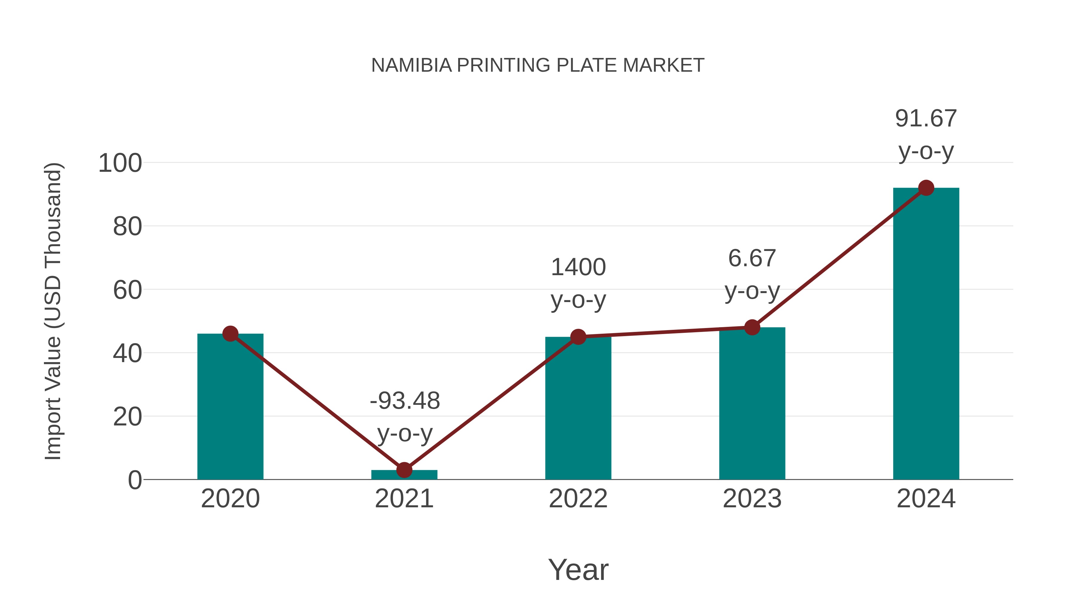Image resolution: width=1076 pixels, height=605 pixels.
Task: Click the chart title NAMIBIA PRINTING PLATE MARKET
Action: tap(538, 65)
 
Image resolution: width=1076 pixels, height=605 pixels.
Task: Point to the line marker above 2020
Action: tap(230, 334)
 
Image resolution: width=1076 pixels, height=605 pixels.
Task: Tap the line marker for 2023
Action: tap(752, 327)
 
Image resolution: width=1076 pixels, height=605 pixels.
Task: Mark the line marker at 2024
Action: tap(926, 188)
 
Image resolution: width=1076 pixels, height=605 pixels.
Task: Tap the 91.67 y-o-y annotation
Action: tap(926, 134)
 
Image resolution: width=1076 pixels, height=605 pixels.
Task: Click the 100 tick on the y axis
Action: tap(120, 163)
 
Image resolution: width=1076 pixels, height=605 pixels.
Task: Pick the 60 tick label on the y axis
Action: tap(127, 290)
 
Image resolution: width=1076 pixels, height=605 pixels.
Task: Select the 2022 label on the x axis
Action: tap(578, 499)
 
